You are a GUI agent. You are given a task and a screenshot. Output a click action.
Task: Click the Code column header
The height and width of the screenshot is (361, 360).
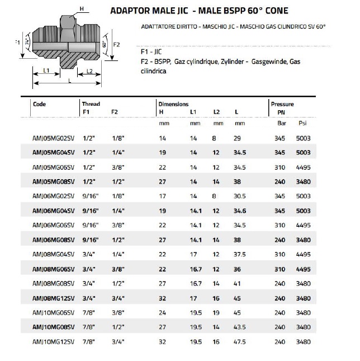(x=40, y=104)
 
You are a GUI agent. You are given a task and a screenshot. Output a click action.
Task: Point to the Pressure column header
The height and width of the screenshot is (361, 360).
(x=282, y=104)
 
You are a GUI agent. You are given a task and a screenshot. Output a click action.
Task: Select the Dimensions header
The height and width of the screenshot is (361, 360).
(x=173, y=104)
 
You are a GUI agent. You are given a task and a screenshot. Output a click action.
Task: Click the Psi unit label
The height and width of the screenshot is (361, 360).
(x=303, y=123)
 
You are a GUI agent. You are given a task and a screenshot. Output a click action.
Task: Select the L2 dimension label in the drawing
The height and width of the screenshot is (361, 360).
(x=89, y=71)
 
